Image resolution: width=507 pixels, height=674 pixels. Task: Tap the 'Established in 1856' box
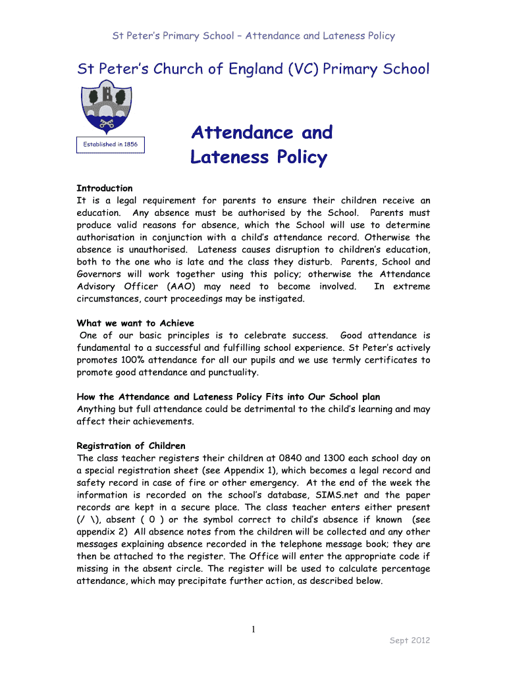click(x=110, y=144)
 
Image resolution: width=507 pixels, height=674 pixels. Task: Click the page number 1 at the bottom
click(x=254, y=630)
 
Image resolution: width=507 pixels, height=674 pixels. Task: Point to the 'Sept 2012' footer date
click(x=410, y=640)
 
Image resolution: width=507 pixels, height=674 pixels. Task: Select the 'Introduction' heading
click(x=105, y=188)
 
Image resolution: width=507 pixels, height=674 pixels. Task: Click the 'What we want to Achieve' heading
click(x=136, y=323)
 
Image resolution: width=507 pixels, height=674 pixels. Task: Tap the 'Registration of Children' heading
click(x=131, y=446)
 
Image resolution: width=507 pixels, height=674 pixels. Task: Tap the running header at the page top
click(x=253, y=36)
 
